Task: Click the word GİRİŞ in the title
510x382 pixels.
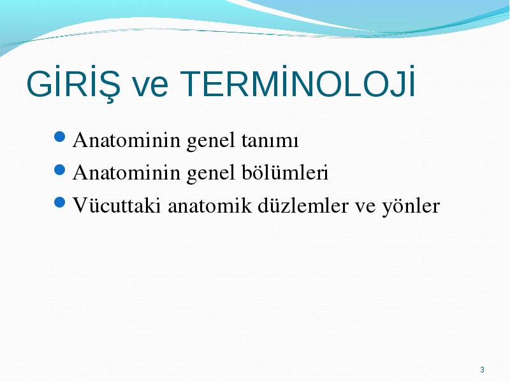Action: click(73, 83)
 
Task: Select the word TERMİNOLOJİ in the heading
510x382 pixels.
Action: click(298, 81)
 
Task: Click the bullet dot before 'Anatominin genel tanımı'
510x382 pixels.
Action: click(59, 137)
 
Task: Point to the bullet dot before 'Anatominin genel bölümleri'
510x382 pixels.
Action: click(59, 169)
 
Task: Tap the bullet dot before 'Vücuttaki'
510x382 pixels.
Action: click(59, 202)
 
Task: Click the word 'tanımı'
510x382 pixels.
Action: click(270, 141)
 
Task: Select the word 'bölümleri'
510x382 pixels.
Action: click(285, 172)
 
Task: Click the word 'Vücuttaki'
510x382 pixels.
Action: click(117, 205)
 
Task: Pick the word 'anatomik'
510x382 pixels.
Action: click(210, 205)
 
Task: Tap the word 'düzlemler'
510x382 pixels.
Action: click(303, 205)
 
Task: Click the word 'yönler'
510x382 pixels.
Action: click(411, 206)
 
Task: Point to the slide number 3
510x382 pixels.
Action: click(482, 370)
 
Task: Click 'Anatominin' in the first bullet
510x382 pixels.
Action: click(126, 140)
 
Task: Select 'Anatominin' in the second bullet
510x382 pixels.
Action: click(126, 172)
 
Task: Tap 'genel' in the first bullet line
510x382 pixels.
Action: click(211, 141)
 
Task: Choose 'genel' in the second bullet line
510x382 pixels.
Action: click(211, 174)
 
